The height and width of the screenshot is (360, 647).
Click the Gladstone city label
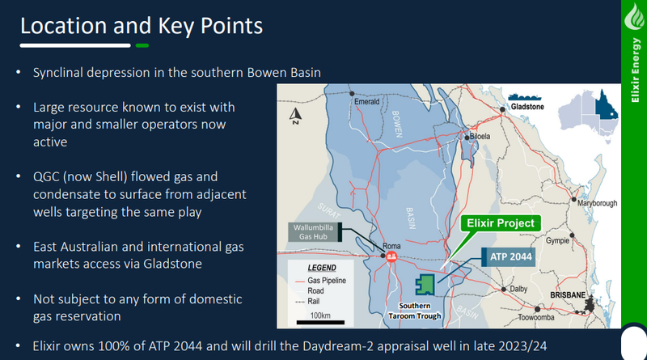tap(527, 107)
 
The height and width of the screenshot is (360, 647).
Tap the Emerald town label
tap(367, 102)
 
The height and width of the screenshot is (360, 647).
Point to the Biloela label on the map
tap(480, 136)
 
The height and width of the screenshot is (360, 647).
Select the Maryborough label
tap(597, 203)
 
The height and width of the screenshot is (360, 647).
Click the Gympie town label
tap(557, 241)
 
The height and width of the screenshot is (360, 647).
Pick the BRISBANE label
tap(568, 295)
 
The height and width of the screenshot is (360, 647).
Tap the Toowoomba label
tap(536, 317)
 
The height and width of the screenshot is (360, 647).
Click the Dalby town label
tap(518, 289)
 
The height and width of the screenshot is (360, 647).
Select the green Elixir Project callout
tap(501, 223)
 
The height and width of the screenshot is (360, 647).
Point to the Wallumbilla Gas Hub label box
tap(315, 232)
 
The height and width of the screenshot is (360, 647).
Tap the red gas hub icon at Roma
tap(391, 256)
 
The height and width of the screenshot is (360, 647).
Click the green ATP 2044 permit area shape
tap(425, 285)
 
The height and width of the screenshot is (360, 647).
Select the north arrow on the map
tap(295, 116)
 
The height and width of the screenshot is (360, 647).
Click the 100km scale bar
tap(320, 323)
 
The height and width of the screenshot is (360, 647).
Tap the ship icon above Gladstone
tap(524, 97)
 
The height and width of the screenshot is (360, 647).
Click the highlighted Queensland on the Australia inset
tap(606, 106)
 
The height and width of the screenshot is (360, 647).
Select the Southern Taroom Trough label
tap(415, 311)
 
